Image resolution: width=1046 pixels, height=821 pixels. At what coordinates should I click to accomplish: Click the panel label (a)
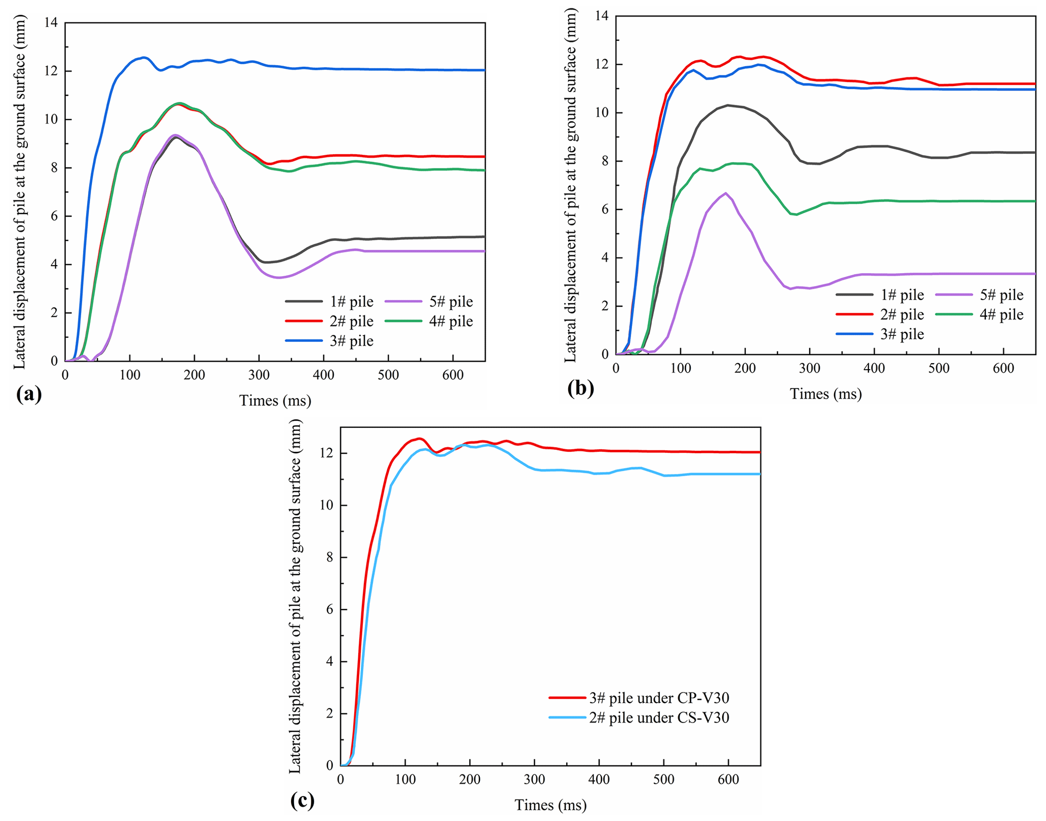click(x=29, y=394)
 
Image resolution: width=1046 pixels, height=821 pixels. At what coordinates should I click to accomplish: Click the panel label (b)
click(x=580, y=388)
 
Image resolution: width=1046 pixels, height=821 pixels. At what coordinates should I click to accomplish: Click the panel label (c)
click(x=303, y=800)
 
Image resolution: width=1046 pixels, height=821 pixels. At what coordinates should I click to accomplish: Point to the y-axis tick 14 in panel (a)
click(x=52, y=23)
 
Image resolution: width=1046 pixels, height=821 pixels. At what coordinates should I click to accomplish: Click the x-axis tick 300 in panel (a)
click(x=259, y=375)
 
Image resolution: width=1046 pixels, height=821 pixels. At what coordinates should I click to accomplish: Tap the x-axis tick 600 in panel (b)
click(x=1003, y=368)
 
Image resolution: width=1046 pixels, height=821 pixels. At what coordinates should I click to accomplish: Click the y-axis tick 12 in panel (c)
click(x=327, y=453)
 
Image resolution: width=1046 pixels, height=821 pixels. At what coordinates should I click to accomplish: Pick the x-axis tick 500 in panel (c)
click(x=663, y=780)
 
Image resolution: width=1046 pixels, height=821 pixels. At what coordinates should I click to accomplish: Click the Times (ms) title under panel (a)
click(x=275, y=401)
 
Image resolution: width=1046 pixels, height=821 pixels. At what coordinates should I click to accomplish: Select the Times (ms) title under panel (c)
click(x=551, y=805)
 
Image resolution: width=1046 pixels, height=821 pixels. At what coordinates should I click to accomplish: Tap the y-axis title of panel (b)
click(x=570, y=185)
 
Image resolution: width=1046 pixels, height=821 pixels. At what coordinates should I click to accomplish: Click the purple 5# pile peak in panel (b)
click(x=726, y=193)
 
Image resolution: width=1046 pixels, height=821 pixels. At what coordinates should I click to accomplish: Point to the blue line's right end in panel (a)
click(x=484, y=70)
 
